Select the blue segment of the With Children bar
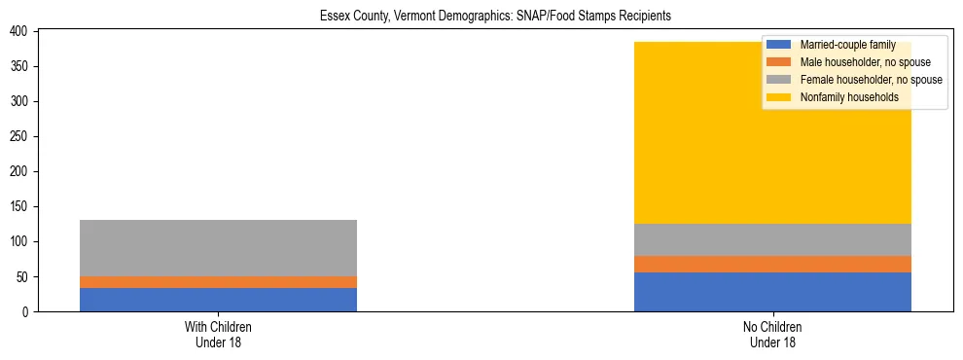[x=218, y=300]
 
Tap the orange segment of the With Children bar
[x=218, y=282]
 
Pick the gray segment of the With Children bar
[x=218, y=248]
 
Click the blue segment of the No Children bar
[x=772, y=292]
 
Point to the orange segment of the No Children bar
[x=772, y=264]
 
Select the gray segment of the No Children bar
[x=772, y=239]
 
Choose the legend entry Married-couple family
[x=847, y=45]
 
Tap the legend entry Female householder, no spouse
[x=870, y=80]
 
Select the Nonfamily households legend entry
[x=849, y=97]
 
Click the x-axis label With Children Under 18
[x=218, y=334]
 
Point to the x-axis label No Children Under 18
[x=772, y=334]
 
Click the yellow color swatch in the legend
[x=779, y=97]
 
